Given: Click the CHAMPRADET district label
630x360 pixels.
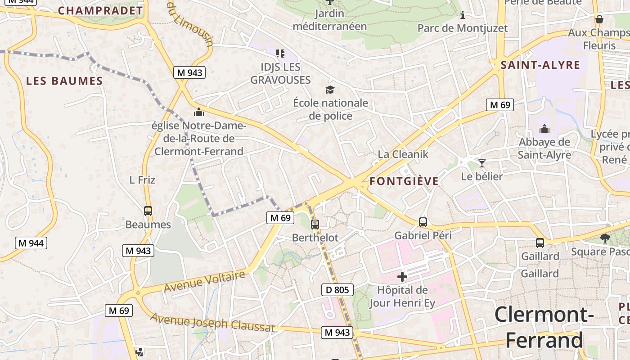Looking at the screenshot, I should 100,10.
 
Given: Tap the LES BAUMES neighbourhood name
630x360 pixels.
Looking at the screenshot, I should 64,81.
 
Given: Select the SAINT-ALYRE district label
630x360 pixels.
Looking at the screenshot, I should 540,65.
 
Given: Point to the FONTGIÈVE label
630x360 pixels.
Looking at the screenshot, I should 404,181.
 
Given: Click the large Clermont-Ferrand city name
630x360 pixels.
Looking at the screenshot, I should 544,327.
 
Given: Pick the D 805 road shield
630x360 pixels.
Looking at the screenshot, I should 337,290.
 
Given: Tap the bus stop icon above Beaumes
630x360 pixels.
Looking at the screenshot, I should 148,211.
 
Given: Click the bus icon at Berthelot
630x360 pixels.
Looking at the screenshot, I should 315,224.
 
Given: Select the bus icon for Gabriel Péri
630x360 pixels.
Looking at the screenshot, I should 423,222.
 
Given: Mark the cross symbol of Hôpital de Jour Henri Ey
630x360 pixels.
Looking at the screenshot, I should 402,276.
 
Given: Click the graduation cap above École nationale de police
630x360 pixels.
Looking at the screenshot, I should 330,90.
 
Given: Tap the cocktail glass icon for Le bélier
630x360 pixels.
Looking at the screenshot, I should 482,163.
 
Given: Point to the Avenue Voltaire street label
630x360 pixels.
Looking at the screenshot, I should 205,280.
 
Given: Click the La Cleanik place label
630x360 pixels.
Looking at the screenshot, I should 403,154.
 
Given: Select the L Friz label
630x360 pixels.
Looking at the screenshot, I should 142,180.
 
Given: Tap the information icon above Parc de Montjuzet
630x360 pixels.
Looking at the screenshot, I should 462,16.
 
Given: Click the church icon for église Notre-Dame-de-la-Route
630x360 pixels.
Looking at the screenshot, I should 198,112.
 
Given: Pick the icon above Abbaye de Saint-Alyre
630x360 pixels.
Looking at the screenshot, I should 544,129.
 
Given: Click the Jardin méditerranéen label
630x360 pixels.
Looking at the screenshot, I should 330,20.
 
